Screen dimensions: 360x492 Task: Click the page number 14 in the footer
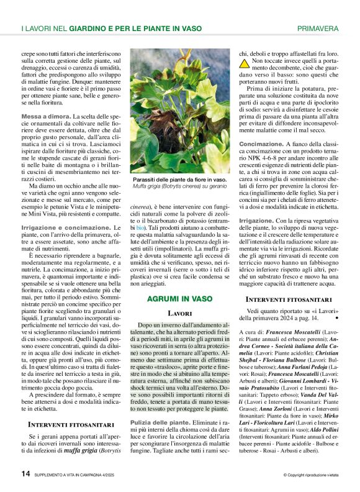26,473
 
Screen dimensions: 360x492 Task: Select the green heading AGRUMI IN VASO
179,299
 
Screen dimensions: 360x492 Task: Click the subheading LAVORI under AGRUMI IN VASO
179,313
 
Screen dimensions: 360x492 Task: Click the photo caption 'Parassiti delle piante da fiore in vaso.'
179,179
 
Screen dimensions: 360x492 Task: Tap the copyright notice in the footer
310,474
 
